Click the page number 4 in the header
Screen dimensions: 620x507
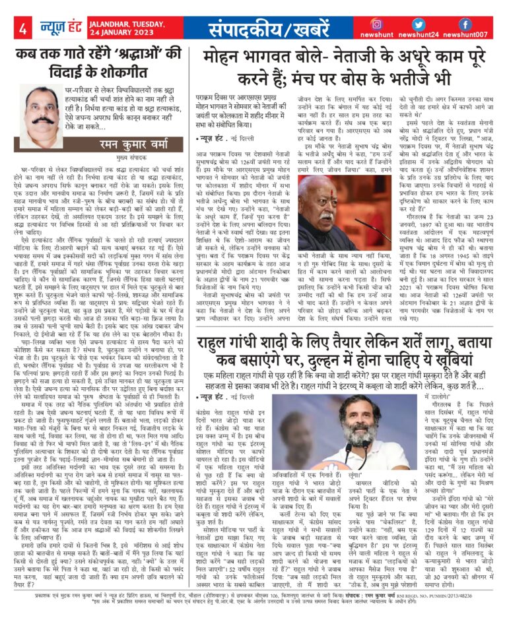[x=22, y=29]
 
